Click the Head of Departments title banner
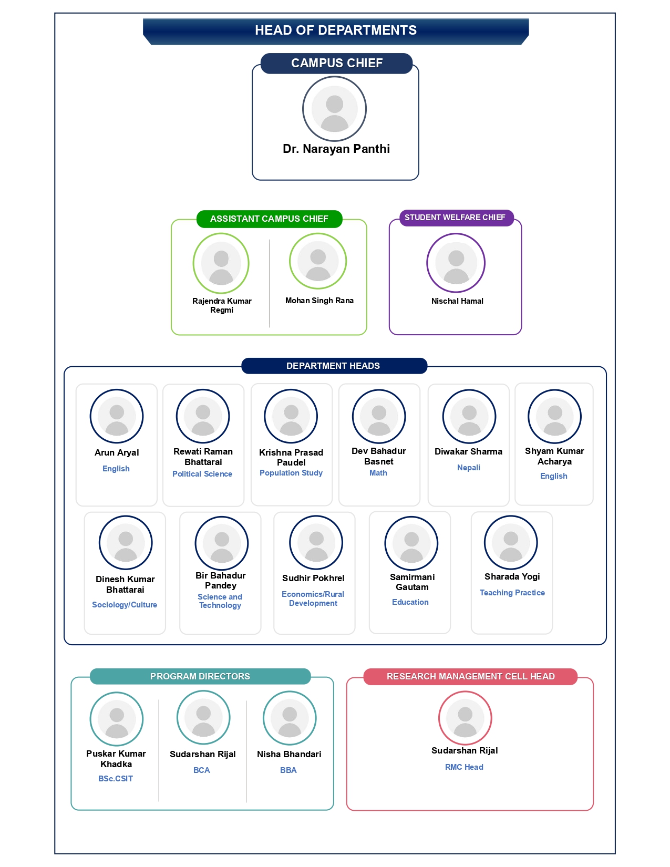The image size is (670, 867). (336, 31)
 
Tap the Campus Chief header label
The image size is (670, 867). (336, 63)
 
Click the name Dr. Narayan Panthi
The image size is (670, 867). (336, 149)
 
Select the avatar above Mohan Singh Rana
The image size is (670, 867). (317, 261)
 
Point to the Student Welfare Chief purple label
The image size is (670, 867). (457, 218)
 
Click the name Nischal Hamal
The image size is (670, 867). (457, 301)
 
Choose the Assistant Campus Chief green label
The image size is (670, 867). (270, 219)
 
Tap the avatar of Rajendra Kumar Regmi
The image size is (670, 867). (221, 263)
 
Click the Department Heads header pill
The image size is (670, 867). (334, 366)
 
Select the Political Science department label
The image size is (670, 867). (202, 473)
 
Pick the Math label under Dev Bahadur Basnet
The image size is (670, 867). (378, 473)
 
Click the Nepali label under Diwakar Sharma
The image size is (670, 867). (469, 468)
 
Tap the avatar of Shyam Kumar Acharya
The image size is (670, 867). (554, 417)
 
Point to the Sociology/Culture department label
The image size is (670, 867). (125, 605)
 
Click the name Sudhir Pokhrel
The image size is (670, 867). (313, 578)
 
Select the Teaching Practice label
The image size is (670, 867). (512, 593)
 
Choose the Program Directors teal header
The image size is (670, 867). (200, 676)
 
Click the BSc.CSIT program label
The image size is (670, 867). (115, 778)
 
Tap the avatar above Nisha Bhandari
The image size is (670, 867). (290, 718)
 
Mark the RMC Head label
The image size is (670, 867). (464, 767)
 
